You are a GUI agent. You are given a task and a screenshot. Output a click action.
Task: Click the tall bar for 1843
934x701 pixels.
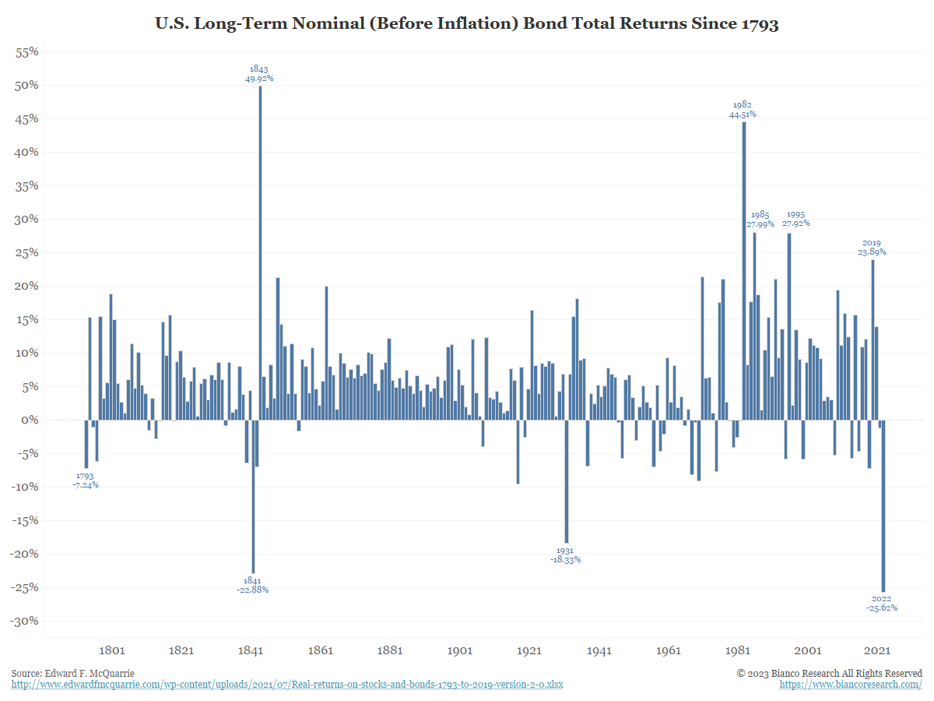tap(260, 253)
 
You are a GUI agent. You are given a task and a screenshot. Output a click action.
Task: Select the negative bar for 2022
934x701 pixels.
tap(883, 506)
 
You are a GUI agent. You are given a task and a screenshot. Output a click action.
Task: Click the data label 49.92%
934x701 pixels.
tap(259, 79)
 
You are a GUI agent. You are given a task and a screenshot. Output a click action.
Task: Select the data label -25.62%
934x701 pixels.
tap(881, 608)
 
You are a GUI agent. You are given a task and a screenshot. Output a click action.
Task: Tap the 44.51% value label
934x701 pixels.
tap(742, 114)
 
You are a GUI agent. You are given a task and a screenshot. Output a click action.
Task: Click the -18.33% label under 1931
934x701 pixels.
tap(565, 560)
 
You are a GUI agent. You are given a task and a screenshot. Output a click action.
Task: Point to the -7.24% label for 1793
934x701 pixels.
tap(85, 485)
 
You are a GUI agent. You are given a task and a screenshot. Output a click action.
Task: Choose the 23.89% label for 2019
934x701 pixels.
tap(872, 252)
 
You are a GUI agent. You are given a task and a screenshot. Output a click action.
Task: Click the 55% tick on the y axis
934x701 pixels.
tap(27, 52)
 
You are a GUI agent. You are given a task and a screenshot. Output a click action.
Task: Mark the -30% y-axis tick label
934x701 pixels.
tap(25, 622)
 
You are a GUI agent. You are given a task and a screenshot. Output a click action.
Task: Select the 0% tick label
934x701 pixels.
tap(30, 421)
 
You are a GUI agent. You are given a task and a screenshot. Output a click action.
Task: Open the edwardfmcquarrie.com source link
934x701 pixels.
tap(287, 685)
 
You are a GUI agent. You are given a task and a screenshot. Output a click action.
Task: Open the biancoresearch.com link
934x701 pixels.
tap(851, 685)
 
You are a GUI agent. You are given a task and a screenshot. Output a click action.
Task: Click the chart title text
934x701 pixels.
tap(467, 24)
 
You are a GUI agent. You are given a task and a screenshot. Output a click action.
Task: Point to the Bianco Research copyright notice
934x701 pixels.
tap(830, 673)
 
